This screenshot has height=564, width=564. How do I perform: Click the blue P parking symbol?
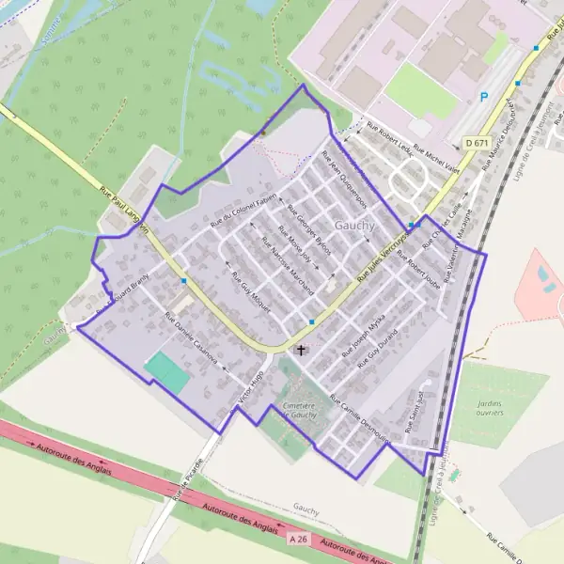coord(484,96)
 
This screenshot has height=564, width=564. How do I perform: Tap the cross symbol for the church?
coord(301,351)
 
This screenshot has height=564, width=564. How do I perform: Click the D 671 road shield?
coord(477,143)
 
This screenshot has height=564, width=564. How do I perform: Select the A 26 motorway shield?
coord(298,539)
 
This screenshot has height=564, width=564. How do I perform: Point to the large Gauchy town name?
coord(354,226)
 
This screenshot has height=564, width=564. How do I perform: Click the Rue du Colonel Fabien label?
coord(243,211)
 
